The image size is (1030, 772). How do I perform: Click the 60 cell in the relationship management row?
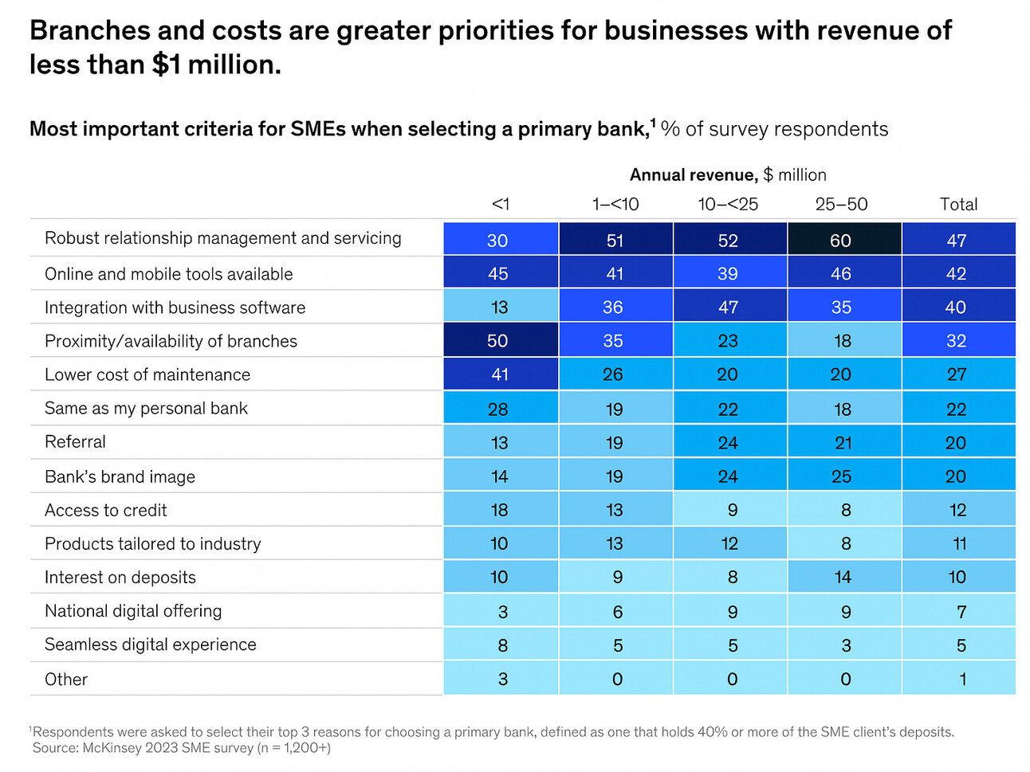[843, 240]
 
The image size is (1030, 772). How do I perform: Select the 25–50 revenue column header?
[841, 204]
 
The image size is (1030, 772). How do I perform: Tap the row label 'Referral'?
[75, 442]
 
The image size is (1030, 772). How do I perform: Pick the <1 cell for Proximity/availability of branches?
[500, 340]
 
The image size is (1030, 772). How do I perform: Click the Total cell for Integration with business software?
[957, 307]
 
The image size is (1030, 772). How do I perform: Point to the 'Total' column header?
[958, 204]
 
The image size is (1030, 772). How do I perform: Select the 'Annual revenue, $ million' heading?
[728, 174]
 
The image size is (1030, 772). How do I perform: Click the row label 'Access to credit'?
[106, 510]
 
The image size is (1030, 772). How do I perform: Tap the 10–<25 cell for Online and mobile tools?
[729, 273]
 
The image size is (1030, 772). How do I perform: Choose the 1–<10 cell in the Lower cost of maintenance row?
[615, 374]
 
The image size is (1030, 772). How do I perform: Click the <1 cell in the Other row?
[500, 679]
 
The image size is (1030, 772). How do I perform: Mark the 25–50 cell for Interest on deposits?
[843, 577]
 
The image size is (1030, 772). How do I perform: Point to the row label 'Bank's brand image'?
[120, 476]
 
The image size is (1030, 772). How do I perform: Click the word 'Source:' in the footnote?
[55, 747]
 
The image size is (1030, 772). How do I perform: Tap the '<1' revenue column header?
[500, 204]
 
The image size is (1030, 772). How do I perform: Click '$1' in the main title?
[167, 64]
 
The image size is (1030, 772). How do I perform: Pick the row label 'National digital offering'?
[133, 611]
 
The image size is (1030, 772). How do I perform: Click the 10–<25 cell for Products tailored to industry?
[729, 543]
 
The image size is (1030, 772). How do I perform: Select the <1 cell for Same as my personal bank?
[500, 409]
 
